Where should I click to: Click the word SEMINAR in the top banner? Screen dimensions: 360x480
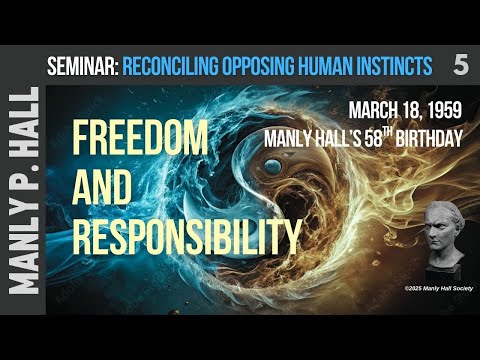point(82,67)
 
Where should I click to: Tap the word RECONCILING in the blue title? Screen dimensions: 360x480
point(174,67)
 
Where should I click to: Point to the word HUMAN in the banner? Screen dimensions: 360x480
point(337,67)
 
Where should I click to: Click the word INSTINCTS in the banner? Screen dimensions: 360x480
point(399,67)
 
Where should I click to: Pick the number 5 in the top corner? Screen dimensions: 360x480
point(460,66)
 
